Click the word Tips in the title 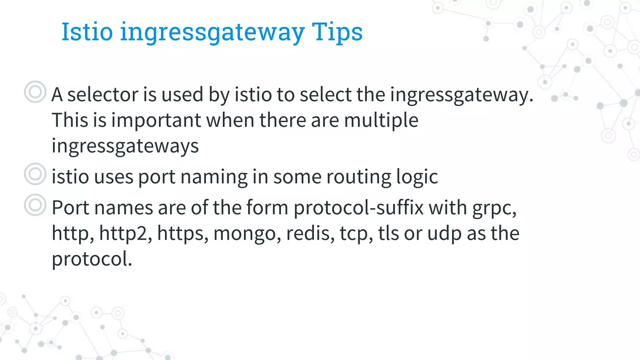(x=337, y=32)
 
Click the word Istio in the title (x=87, y=32)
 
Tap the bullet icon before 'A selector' (x=35, y=92)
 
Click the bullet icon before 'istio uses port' (x=35, y=174)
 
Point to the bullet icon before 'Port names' (x=35, y=205)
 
